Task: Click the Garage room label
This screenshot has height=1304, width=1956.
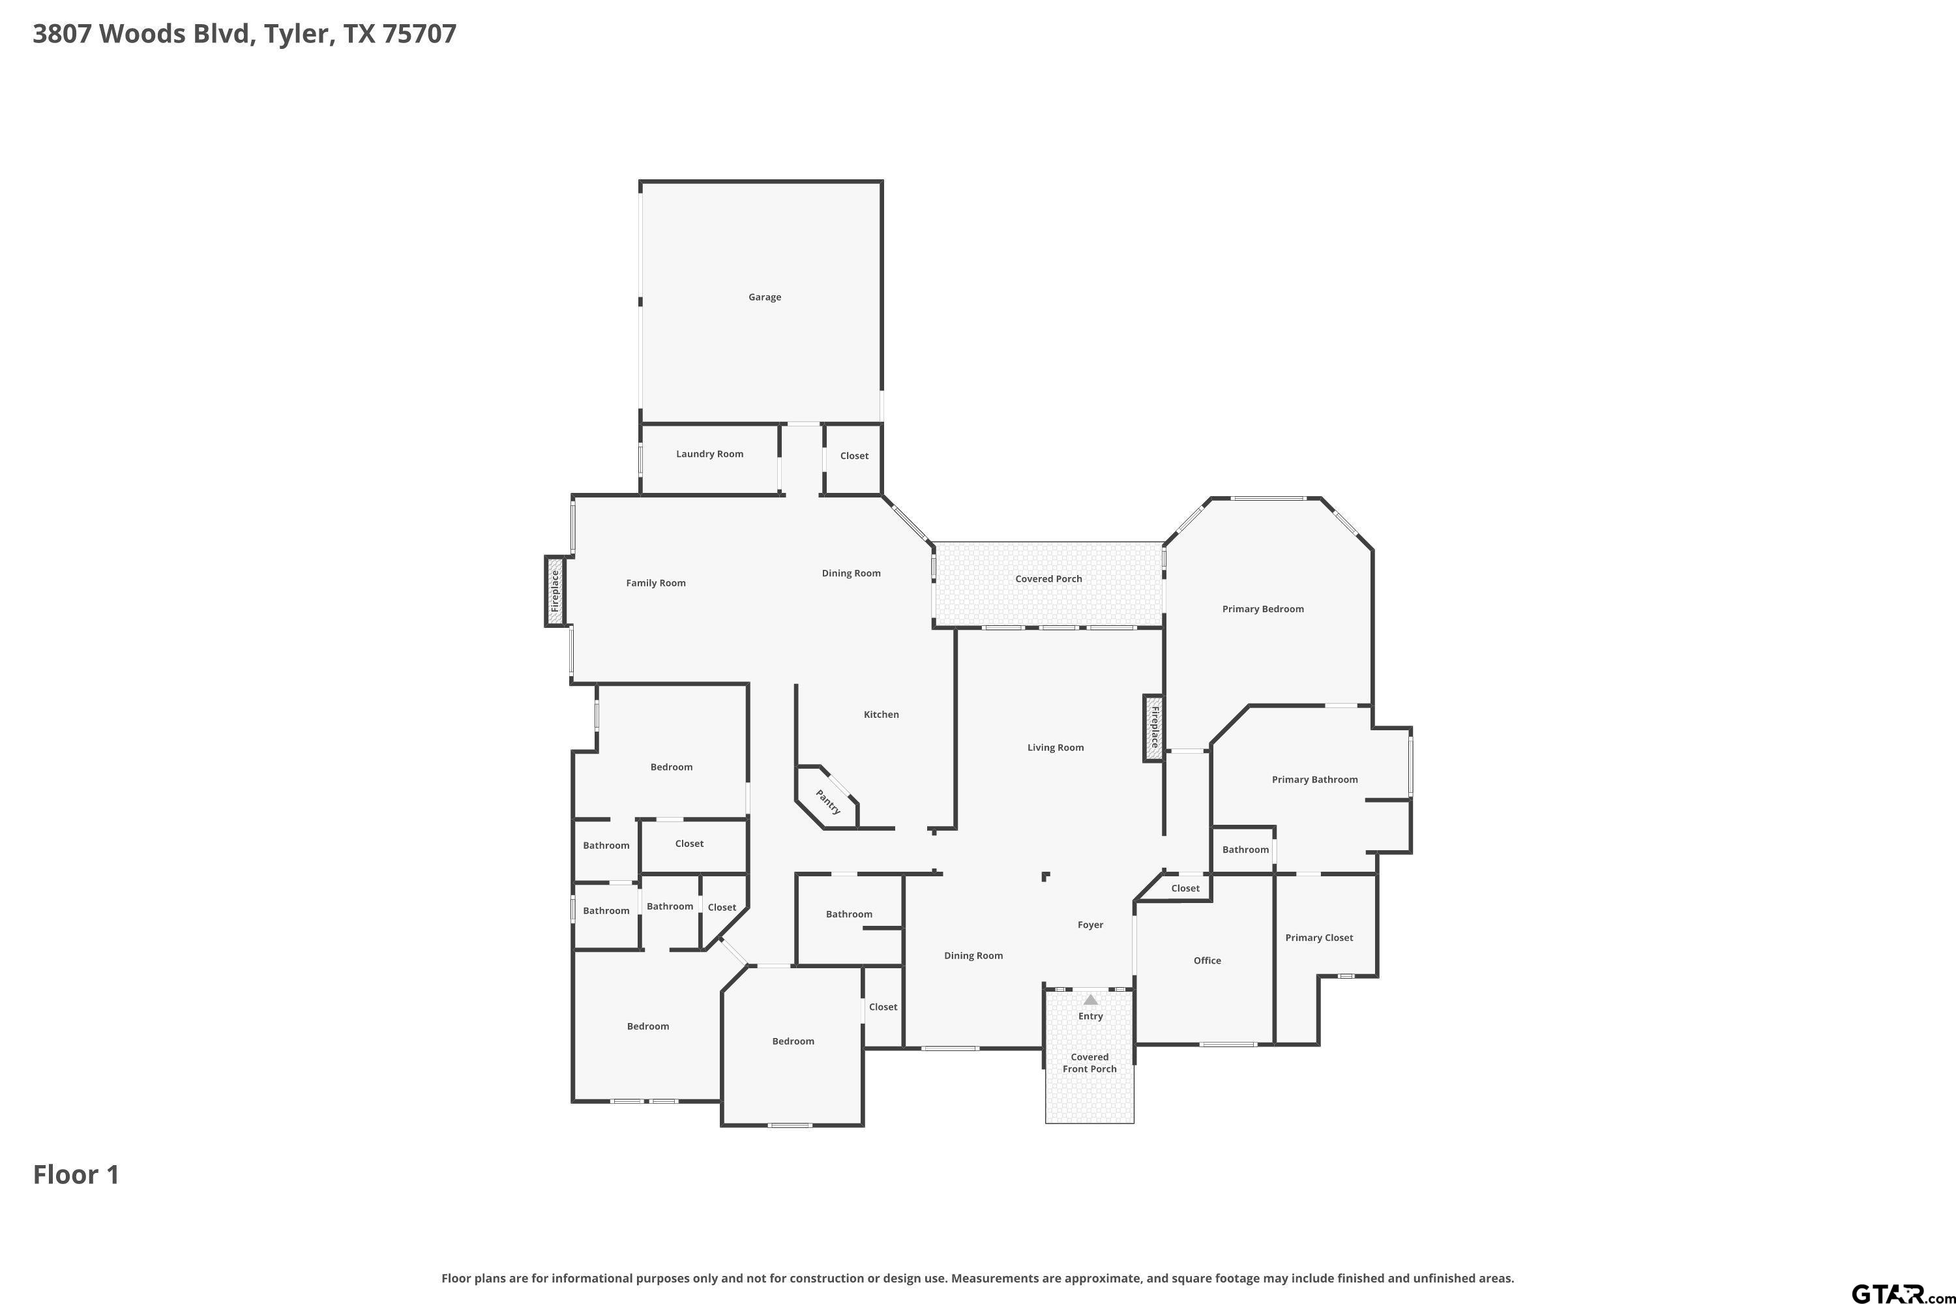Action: click(764, 297)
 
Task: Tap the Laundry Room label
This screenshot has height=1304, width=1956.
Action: click(709, 454)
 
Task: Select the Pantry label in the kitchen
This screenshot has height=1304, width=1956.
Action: click(827, 802)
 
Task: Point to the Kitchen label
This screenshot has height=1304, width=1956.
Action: click(881, 715)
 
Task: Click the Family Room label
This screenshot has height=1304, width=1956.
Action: click(655, 583)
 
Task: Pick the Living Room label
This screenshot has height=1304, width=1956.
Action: click(1056, 748)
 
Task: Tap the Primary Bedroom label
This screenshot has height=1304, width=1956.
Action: click(1262, 609)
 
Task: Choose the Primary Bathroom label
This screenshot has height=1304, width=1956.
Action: click(1314, 779)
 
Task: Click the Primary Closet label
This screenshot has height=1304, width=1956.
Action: click(1319, 938)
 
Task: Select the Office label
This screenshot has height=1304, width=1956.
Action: click(1207, 960)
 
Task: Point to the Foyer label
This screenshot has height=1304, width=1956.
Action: click(1090, 925)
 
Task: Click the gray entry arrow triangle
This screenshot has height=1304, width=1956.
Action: click(1090, 1000)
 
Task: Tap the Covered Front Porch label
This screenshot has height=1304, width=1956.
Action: click(1089, 1063)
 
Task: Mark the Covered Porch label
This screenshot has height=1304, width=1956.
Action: click(1048, 579)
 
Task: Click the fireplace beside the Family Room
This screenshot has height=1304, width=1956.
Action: click(556, 591)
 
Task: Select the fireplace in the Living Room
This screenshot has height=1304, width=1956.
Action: click(1153, 728)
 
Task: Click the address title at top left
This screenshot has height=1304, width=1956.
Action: click(244, 34)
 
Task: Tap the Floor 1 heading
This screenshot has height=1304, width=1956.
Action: click(76, 1174)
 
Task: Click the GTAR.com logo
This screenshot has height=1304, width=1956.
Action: click(1903, 1292)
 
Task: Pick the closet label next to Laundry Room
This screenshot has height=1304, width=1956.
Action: click(854, 456)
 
